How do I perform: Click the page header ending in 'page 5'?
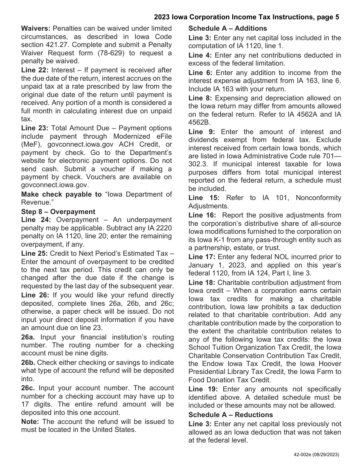coord(246,17)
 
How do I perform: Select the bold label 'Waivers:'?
coord(36,28)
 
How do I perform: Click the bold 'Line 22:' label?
coord(35,70)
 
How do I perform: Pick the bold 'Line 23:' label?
coord(35,128)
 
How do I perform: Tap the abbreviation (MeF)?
coord(31,144)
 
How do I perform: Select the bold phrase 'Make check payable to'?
coord(61,194)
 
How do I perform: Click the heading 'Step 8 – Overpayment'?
coord(58,211)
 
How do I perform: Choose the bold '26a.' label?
coord(29,337)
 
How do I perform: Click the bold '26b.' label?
coord(29,362)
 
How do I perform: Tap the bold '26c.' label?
coord(29,388)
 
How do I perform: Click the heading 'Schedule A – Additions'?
coord(227,28)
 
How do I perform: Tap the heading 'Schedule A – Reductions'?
coord(230,414)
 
